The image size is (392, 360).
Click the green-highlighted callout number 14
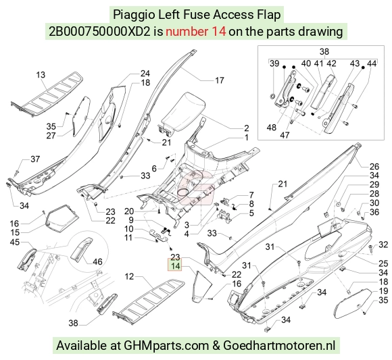tap(175, 265)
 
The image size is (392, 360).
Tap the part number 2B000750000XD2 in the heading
tap(99, 32)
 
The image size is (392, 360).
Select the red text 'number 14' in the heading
tap(196, 32)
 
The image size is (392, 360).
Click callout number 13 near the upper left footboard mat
tap(41, 75)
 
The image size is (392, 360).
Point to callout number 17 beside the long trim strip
tap(219, 80)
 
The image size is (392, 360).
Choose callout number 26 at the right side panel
tap(374, 167)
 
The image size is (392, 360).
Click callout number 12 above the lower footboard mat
tap(129, 276)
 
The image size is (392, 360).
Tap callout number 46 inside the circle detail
tap(97, 261)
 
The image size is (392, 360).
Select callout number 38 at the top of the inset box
tap(324, 52)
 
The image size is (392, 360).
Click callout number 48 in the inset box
tap(272, 128)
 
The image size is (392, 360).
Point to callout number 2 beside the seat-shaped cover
tap(247, 128)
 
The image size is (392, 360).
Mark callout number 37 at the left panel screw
tap(35, 159)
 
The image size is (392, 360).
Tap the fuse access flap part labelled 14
tap(202, 284)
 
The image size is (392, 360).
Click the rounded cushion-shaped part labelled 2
tap(182, 111)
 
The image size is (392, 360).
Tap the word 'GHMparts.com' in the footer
tap(166, 346)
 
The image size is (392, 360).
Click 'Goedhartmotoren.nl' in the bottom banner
tap(279, 346)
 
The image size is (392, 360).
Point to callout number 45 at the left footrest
tap(15, 242)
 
